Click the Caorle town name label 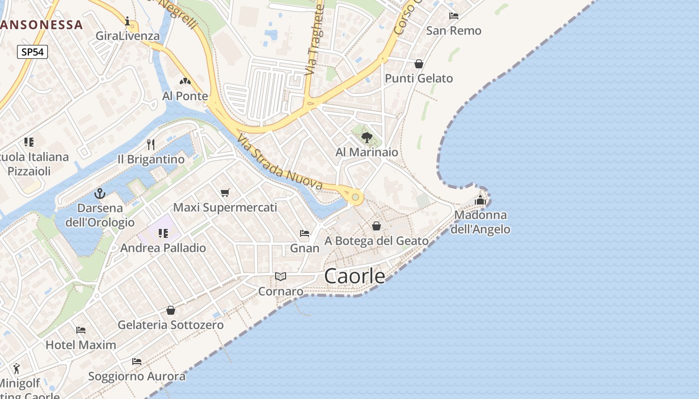pyautogui.click(x=355, y=276)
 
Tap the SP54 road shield pyautogui.click(x=32, y=52)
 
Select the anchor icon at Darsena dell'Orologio pyautogui.click(x=100, y=194)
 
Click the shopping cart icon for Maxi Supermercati pyautogui.click(x=225, y=193)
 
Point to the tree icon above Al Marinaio pyautogui.click(x=367, y=137)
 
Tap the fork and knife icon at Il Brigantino pyautogui.click(x=151, y=145)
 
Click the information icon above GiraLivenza pyautogui.click(x=128, y=21)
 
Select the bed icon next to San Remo pyautogui.click(x=454, y=16)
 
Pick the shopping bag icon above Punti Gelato pyautogui.click(x=419, y=64)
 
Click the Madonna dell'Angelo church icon pyautogui.click(x=480, y=200)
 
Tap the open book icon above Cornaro pyautogui.click(x=281, y=276)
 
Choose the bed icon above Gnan pyautogui.click(x=305, y=233)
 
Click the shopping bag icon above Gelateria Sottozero pyautogui.click(x=171, y=310)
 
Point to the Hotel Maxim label pyautogui.click(x=81, y=345)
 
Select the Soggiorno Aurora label pyautogui.click(x=137, y=376)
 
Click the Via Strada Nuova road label pyautogui.click(x=280, y=163)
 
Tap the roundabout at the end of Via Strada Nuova pyautogui.click(x=355, y=198)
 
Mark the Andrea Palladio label pyautogui.click(x=163, y=248)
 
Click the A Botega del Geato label pyautogui.click(x=376, y=241)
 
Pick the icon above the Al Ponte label pyautogui.click(x=185, y=81)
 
